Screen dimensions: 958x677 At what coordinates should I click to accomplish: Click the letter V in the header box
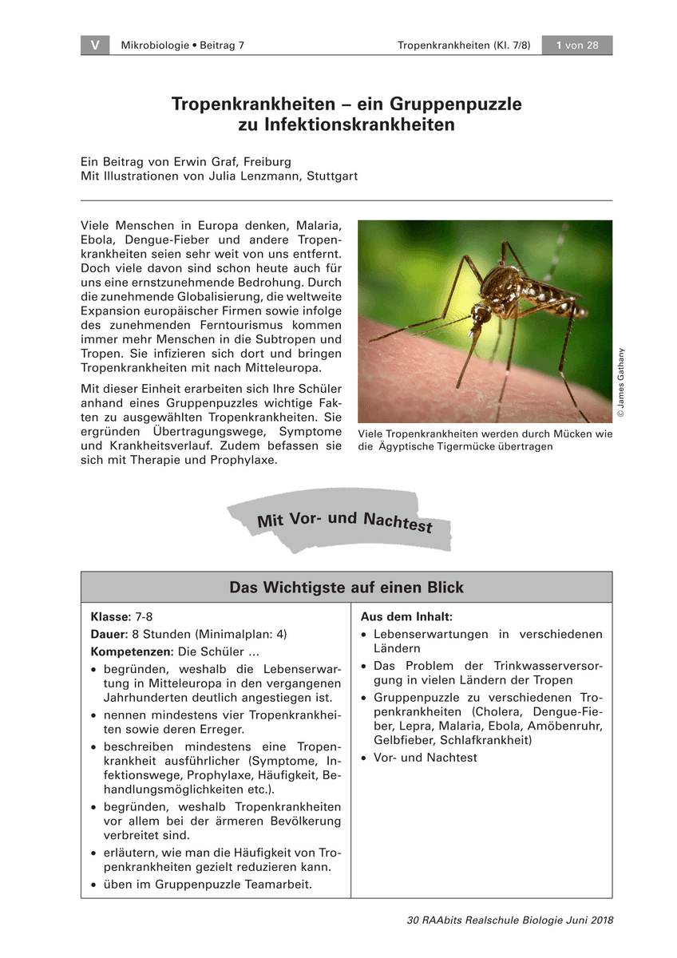(95, 46)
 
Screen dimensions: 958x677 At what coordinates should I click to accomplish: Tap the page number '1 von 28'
(576, 46)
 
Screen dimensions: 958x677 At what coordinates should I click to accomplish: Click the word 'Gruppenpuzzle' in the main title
(456, 104)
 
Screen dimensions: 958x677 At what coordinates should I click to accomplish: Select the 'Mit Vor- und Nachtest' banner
(344, 521)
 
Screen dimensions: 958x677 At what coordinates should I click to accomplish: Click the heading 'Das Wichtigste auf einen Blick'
(346, 588)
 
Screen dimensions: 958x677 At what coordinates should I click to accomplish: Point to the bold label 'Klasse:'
(111, 617)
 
